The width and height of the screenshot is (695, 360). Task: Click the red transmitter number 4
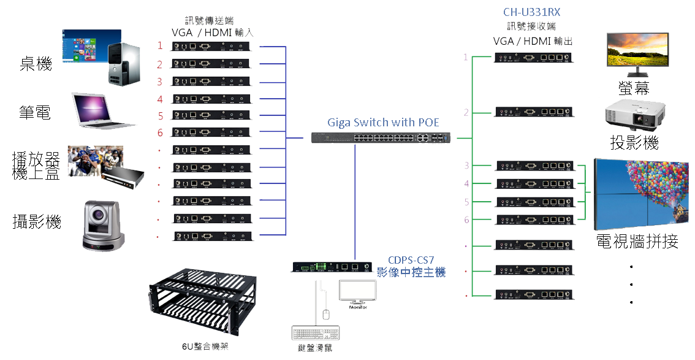point(159,99)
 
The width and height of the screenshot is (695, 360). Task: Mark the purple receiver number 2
point(466,112)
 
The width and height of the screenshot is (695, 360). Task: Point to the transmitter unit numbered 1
point(211,46)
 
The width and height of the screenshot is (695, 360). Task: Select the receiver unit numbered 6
point(535,220)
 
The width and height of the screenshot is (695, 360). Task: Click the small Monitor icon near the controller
point(359,292)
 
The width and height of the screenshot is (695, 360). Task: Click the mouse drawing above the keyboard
point(327,313)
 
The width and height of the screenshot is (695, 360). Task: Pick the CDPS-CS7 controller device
point(331,267)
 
